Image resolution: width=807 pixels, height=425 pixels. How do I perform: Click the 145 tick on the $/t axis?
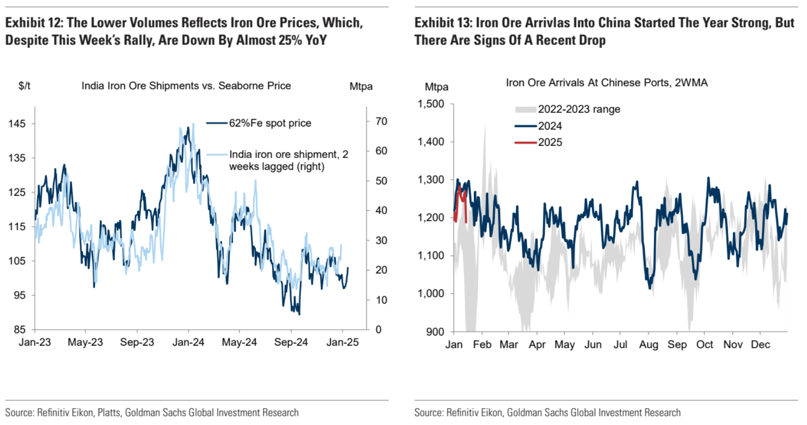pyautogui.click(x=17, y=124)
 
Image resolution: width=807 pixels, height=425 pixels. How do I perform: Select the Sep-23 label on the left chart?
pyautogui.click(x=137, y=342)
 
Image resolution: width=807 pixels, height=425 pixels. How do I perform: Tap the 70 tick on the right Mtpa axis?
pyautogui.click(x=381, y=122)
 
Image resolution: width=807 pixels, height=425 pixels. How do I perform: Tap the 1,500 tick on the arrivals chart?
pyautogui.click(x=431, y=104)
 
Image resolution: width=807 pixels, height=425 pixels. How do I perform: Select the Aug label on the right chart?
pyautogui.click(x=648, y=345)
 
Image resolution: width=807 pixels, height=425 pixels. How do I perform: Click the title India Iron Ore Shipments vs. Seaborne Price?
pyautogui.click(x=186, y=86)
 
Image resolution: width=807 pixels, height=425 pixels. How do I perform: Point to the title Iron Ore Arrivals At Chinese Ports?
pyautogui.click(x=606, y=83)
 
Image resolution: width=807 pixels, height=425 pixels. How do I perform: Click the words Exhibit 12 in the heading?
pyautogui.click(x=34, y=23)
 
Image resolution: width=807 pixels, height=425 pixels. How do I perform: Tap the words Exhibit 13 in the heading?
pyautogui.click(x=443, y=23)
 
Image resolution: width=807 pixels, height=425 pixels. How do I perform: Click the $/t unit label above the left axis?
pyautogui.click(x=24, y=86)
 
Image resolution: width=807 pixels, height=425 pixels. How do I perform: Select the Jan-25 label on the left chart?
pyautogui.click(x=342, y=342)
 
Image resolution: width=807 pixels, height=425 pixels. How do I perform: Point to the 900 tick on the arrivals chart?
pyautogui.click(x=435, y=332)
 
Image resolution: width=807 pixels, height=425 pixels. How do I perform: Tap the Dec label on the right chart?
pyautogui.click(x=760, y=345)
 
